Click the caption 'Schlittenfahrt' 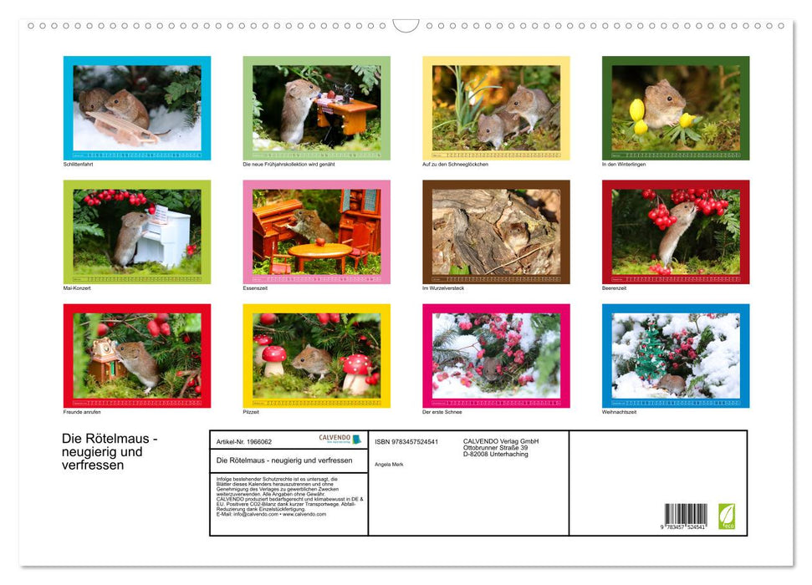pyautogui.click(x=79, y=164)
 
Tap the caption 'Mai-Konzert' pyautogui.click(x=77, y=287)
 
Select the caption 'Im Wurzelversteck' pyautogui.click(x=443, y=287)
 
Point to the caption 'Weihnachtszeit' pyautogui.click(x=620, y=411)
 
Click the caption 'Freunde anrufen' pyautogui.click(x=82, y=411)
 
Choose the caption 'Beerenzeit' pyautogui.click(x=615, y=287)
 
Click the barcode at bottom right pyautogui.click(x=686, y=514)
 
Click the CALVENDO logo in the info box pyautogui.click(x=340, y=439)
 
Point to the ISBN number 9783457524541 pyautogui.click(x=406, y=441)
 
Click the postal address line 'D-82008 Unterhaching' pyautogui.click(x=495, y=454)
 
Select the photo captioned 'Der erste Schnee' pyautogui.click(x=496, y=355)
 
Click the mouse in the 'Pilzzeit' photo pyautogui.click(x=310, y=360)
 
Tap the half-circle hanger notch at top pyautogui.click(x=406, y=26)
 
